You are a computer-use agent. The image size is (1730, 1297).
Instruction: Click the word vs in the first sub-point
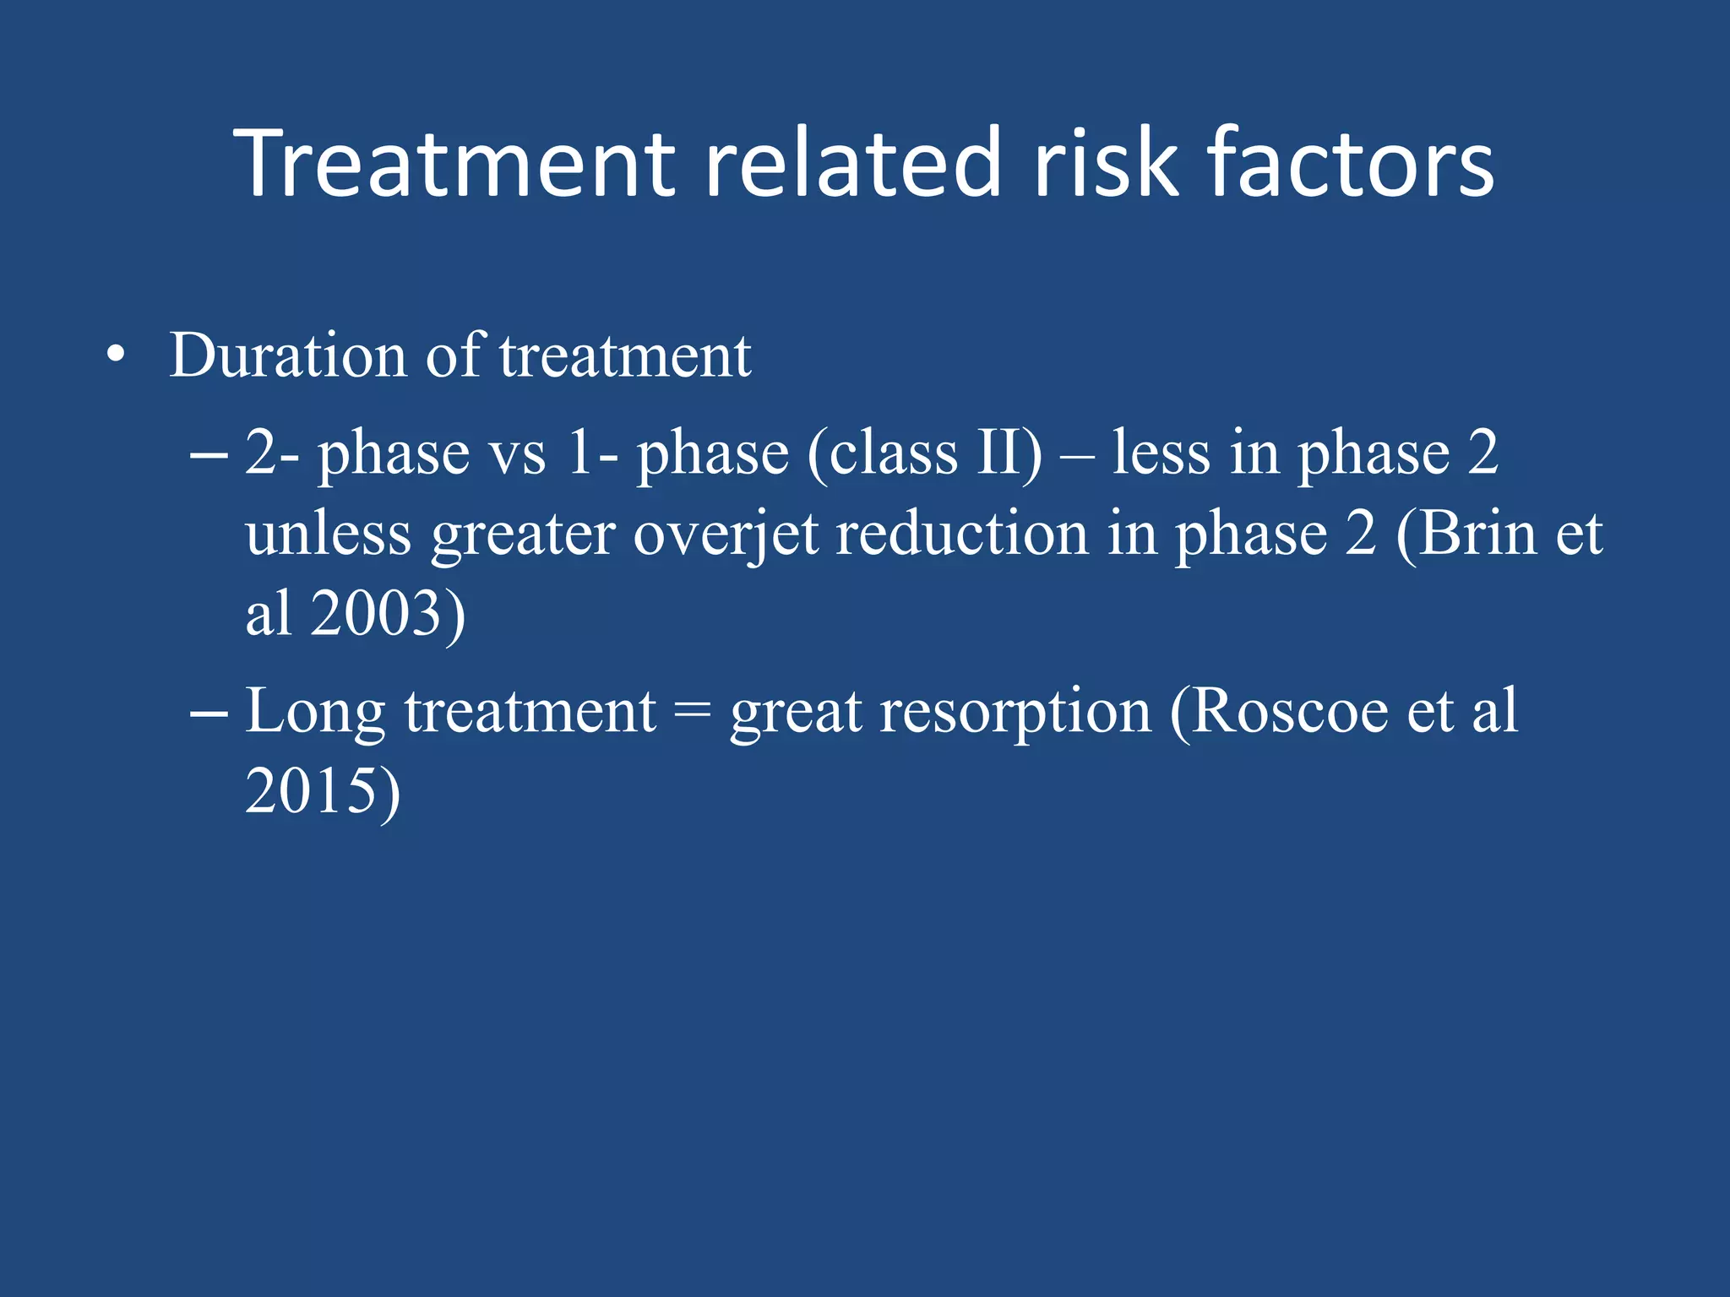(518, 453)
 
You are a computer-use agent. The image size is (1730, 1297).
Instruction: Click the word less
(1161, 453)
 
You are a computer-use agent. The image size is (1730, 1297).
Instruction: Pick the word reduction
(961, 534)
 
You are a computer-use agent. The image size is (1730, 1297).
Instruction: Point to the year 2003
(376, 613)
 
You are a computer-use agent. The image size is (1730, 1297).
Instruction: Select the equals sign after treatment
(693, 712)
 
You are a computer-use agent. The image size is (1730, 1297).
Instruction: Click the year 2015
(310, 791)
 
